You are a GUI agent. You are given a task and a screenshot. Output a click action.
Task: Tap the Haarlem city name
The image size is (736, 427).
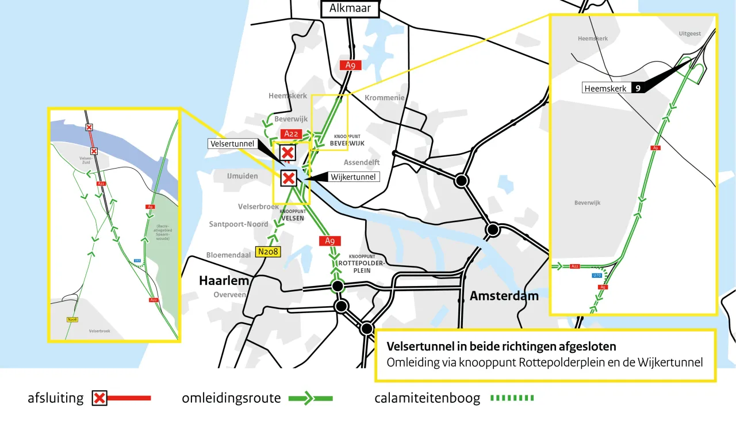[224, 281]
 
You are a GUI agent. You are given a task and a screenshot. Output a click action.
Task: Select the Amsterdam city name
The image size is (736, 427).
[504, 296]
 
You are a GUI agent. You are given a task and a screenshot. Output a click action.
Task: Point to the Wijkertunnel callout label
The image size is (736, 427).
[353, 177]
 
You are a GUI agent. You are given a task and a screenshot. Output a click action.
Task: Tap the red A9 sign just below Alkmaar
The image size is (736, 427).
[350, 65]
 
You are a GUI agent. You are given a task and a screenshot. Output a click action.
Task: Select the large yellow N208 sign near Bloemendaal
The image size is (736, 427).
[268, 251]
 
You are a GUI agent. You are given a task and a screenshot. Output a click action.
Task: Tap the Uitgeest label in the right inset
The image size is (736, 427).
[689, 33]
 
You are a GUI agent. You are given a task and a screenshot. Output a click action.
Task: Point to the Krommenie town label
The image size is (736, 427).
[385, 98]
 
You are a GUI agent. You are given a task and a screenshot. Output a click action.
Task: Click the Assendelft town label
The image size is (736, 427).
[362, 163]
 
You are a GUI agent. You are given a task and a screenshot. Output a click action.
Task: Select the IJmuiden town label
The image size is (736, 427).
[242, 176]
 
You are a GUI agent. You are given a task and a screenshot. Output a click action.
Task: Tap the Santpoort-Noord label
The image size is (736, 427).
[239, 224]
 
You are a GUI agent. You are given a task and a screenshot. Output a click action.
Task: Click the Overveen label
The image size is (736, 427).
[229, 295]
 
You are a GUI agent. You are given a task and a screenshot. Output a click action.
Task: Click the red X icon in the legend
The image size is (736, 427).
[99, 398]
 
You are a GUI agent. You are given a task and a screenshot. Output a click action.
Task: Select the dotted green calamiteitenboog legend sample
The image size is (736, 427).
[512, 398]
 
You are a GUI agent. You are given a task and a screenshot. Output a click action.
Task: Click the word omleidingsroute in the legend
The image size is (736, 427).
[231, 398]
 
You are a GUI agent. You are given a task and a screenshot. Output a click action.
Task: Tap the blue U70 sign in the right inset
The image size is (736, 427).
[597, 275]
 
